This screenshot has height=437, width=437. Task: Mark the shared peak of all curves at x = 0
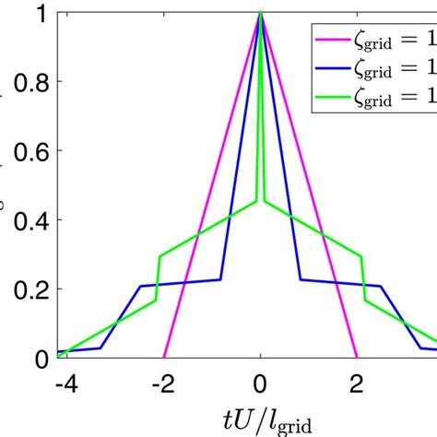[261, 13]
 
